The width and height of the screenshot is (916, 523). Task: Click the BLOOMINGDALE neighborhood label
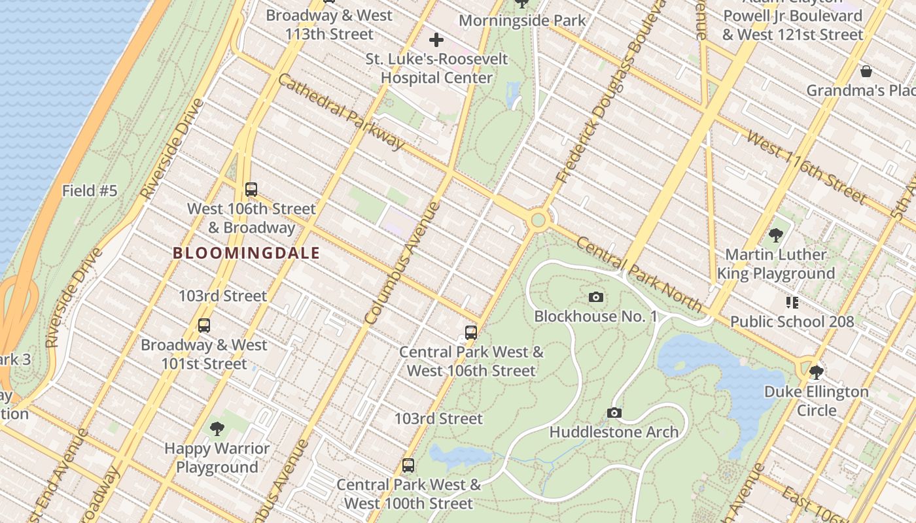247,253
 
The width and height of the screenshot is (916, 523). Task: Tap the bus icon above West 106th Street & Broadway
251,190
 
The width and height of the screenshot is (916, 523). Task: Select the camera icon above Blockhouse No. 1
595,297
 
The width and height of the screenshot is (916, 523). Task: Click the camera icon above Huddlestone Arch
614,413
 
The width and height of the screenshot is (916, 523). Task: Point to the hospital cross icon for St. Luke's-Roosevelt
436,41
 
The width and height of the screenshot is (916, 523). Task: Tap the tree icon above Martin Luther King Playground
776,235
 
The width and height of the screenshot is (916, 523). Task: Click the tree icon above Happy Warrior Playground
217,429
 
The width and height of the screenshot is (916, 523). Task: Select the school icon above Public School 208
792,302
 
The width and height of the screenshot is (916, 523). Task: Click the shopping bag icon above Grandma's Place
866,71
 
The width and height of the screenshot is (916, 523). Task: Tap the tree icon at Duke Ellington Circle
816,373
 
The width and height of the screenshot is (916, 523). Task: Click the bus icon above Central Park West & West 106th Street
471,332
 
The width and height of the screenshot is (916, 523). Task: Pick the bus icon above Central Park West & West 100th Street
408,465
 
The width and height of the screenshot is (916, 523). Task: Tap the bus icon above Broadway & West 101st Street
204,325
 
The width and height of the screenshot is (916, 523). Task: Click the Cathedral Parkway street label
341,111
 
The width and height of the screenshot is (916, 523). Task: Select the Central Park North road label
639,275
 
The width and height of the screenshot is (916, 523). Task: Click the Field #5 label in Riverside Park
90,191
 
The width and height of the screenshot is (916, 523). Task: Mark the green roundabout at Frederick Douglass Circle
538,220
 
